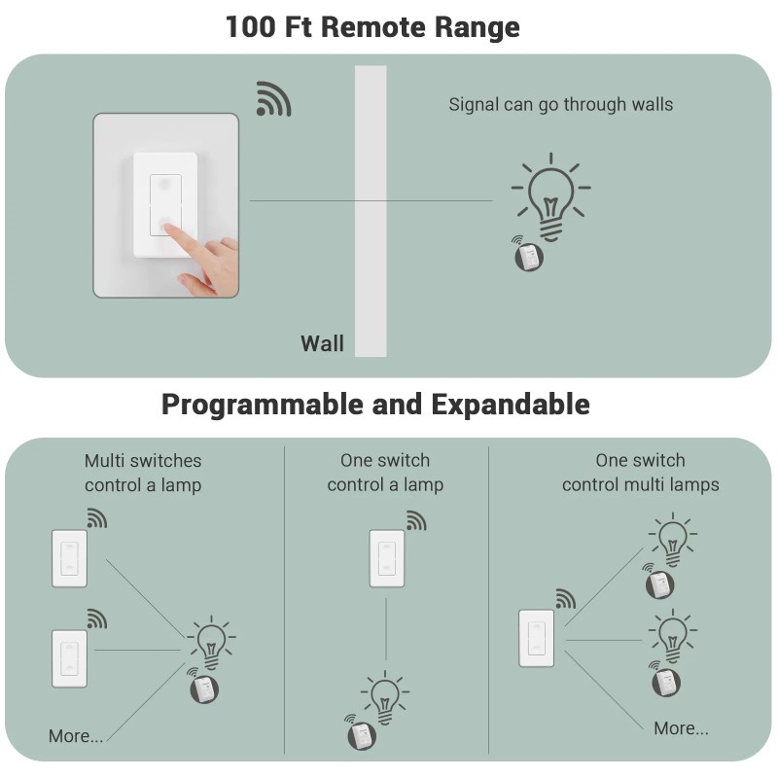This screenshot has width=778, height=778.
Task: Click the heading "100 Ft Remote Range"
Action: pos(372,26)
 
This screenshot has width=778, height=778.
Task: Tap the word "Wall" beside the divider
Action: pos(322,343)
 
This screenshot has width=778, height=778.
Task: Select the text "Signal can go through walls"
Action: pos(560,104)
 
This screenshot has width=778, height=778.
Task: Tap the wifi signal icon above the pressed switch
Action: pos(273,99)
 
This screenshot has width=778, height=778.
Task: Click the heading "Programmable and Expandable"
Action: pos(375,404)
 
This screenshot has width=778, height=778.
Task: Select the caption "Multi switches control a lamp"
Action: pos(143,473)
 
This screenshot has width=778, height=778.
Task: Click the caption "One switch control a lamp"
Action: pos(385,473)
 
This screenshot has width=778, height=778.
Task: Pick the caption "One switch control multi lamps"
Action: pos(640,473)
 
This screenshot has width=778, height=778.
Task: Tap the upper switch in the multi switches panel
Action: pos(69,558)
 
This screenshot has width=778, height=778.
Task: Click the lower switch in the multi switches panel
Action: pos(69,658)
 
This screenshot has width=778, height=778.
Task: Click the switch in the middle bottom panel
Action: pos(386,558)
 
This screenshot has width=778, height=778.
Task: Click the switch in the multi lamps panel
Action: pos(536,638)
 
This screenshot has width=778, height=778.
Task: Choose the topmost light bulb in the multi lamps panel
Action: pos(671,538)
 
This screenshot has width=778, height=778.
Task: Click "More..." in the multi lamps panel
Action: pos(681,728)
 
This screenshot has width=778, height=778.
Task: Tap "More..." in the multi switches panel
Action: pos(76,736)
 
